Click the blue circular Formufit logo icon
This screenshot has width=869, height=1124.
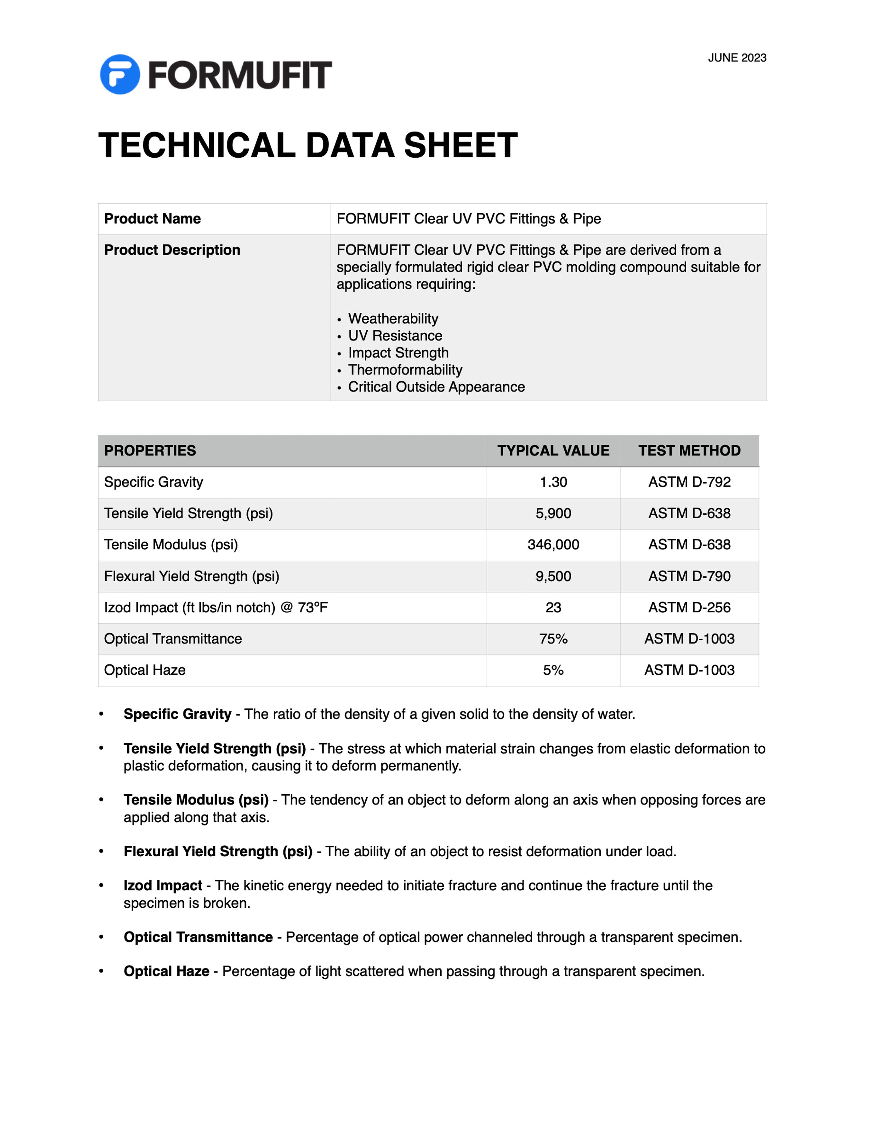[119, 74]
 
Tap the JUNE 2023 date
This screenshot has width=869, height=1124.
[737, 58]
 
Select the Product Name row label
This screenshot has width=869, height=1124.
[152, 219]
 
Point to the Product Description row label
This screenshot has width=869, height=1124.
[172, 250]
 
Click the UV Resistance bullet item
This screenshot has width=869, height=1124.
[395, 335]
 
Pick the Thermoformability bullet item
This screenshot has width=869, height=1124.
[405, 370]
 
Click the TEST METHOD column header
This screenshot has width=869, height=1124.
[689, 451]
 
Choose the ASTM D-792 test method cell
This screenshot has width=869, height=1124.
[689, 482]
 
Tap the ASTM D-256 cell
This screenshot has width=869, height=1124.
[689, 607]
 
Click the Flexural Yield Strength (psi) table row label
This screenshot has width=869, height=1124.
[192, 576]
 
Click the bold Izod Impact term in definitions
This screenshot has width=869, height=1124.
[163, 886]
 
